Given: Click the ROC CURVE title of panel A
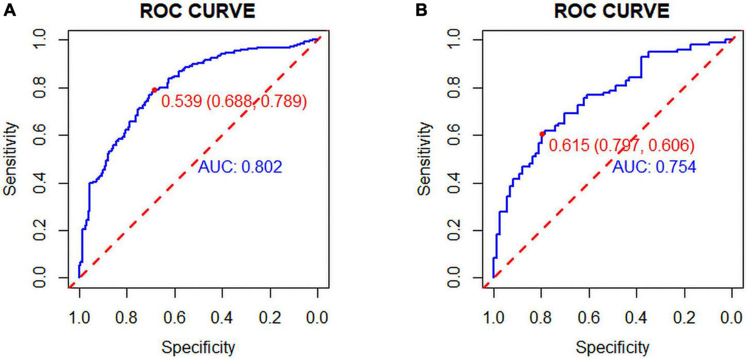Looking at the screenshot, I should point(198,11).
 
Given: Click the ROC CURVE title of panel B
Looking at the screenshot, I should point(612,11).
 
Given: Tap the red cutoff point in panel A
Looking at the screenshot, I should point(154,90).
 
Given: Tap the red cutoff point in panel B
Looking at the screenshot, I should point(542,134).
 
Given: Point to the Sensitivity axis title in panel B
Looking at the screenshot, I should point(424,158).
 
